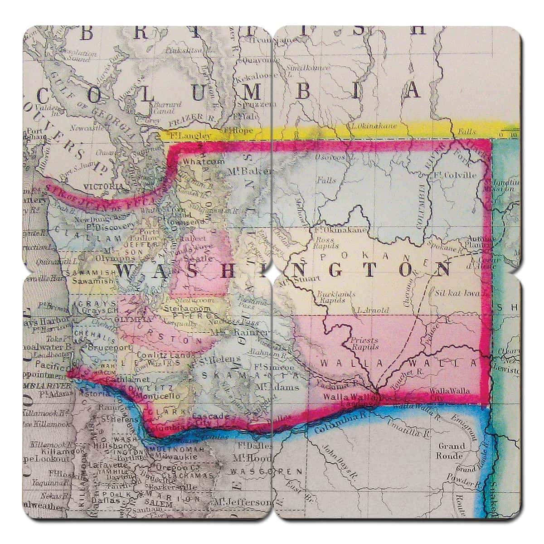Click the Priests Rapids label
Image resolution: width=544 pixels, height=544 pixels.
[x=365, y=343]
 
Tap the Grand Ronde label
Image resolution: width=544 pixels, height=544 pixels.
[x=451, y=451]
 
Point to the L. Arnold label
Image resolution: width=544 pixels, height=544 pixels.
[x=373, y=310]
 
